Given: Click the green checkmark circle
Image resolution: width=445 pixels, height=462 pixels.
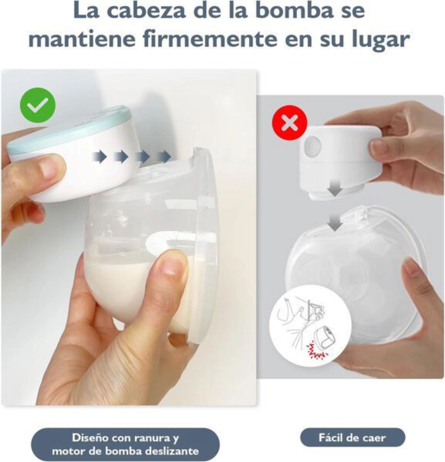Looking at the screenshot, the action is pyautogui.click(x=38, y=105).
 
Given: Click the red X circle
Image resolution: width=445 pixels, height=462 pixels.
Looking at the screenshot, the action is pyautogui.click(x=290, y=123).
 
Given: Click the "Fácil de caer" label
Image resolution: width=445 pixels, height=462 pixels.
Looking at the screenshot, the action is pyautogui.click(x=352, y=438).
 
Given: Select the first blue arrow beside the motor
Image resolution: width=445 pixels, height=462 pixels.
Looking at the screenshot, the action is pyautogui.click(x=99, y=157).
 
